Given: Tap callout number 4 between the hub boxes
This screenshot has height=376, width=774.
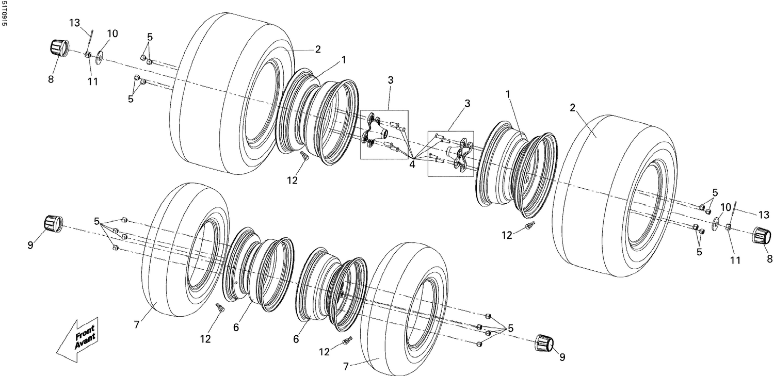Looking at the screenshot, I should tap(412, 165).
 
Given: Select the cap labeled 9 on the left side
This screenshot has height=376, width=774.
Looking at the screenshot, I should tap(52, 224).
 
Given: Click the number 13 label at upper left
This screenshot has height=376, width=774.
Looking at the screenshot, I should tap(75, 23).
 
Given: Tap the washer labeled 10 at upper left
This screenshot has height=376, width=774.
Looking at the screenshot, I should tap(99, 54).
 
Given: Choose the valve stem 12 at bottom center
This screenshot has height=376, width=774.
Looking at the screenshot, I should tap(347, 341).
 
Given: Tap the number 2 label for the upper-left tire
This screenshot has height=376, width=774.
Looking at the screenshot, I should tap(318, 50).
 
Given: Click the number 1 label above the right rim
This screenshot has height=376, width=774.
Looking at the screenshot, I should tap(508, 94).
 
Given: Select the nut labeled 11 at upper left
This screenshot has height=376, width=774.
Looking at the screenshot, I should tap(88, 55).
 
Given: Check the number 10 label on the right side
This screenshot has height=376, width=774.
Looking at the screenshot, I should tap(726, 207).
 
